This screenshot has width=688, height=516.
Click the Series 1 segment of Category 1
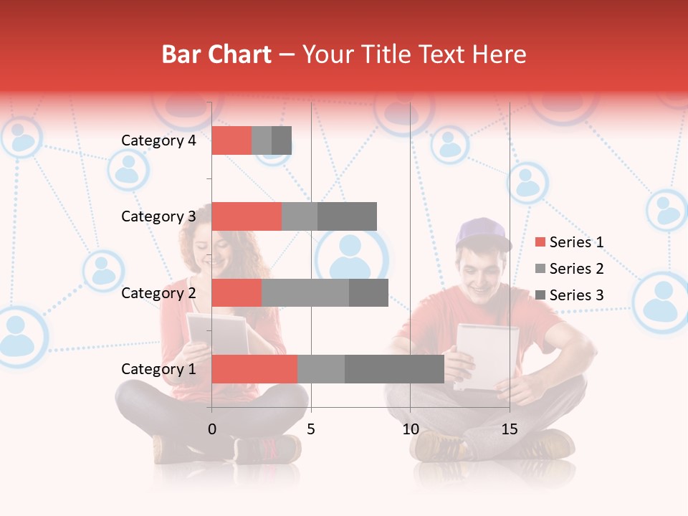coord(254,369)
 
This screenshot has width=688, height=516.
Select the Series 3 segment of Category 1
coord(394,369)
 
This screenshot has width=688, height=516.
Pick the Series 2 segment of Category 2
coord(305,292)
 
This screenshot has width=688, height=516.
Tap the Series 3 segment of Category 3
coord(347,216)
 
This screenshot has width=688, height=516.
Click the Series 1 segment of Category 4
coord(231,140)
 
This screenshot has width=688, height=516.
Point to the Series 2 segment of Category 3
coord(300,216)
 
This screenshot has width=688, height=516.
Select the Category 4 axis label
coord(158,140)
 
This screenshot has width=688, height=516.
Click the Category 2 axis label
coord(158,292)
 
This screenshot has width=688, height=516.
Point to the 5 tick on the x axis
coord(311,429)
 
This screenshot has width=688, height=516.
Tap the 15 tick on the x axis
coord(510,429)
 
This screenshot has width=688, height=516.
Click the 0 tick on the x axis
coord(212,429)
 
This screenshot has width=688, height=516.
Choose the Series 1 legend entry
coord(570,242)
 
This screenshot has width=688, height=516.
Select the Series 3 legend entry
coord(570,295)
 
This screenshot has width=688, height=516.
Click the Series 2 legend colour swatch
coord(540,269)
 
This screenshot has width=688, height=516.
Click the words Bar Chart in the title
coord(216,54)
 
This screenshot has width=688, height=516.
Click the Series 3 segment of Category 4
coord(282,140)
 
